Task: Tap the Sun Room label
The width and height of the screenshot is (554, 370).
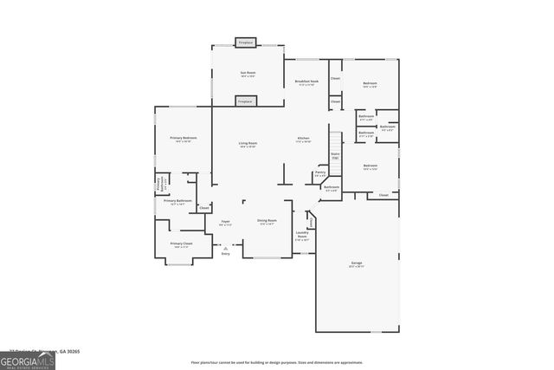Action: (247, 75)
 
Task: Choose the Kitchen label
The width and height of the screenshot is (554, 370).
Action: (304, 140)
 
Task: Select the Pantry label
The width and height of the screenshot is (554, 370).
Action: (321, 174)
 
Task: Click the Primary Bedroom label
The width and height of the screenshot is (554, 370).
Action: (183, 140)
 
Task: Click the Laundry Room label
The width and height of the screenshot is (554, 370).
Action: (302, 235)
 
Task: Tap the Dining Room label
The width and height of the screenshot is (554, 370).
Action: (267, 222)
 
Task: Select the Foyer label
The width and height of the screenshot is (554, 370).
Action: (225, 223)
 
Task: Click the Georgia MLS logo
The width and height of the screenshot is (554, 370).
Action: (28, 360)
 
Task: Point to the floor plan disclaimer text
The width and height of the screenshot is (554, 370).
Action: (277, 362)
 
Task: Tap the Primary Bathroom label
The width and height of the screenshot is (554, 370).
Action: (177, 203)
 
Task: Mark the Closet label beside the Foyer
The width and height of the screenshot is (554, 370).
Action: (204, 208)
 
